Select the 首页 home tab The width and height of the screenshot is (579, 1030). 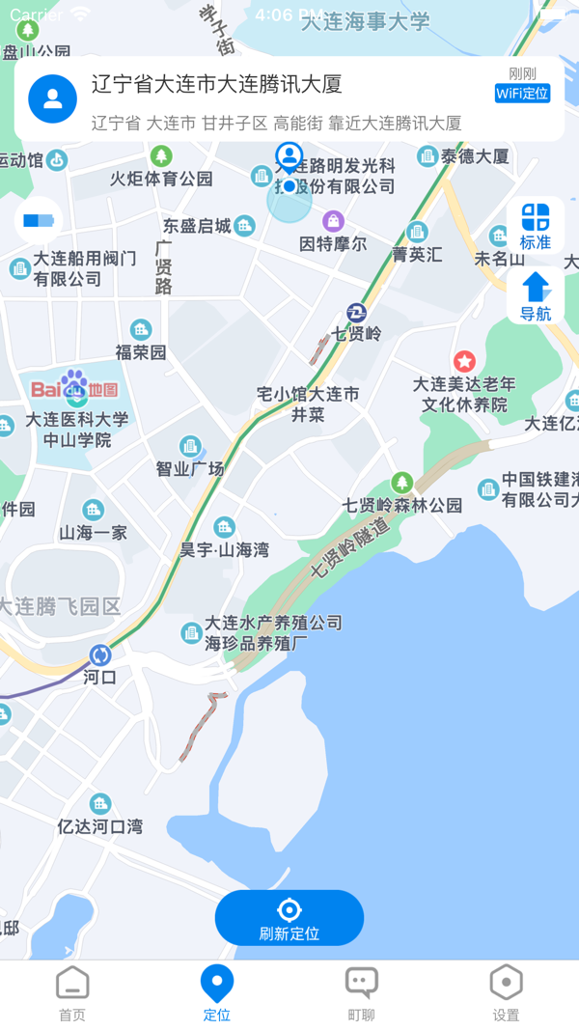point(72,993)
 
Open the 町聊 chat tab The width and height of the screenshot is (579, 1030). point(361,993)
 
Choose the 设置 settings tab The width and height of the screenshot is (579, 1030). point(506,993)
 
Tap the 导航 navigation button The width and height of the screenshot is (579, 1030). point(536,296)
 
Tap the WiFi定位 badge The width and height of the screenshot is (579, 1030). point(522,94)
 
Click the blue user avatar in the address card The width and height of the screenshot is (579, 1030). point(53,98)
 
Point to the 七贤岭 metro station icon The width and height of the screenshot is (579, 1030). point(357,313)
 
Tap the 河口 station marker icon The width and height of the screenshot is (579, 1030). point(100,655)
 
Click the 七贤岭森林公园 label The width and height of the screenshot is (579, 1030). point(402,505)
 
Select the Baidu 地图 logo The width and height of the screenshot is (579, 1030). point(74,388)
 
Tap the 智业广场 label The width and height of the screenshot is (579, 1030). point(190,468)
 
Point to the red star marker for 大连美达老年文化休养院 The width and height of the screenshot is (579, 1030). point(464,362)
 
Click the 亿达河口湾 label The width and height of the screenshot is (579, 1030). point(100,826)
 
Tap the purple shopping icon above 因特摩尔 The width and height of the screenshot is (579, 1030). point(334,221)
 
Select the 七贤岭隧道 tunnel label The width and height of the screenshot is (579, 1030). point(349,548)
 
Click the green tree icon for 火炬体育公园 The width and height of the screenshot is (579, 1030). point(161,155)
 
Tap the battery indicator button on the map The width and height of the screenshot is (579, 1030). point(39,221)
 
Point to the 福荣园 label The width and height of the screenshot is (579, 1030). point(141,352)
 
